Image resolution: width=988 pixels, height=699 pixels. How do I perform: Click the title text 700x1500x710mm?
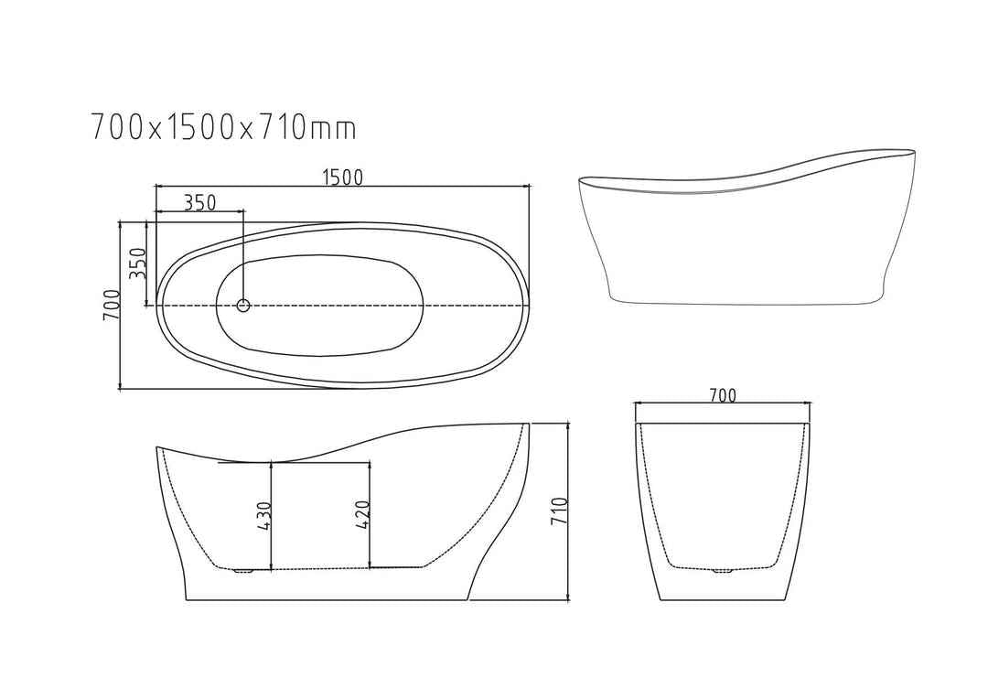pyautogui.click(x=223, y=127)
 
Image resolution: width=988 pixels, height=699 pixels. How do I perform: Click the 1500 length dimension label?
pyautogui.click(x=343, y=177)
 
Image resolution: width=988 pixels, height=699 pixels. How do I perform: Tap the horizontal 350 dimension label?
pyautogui.click(x=199, y=203)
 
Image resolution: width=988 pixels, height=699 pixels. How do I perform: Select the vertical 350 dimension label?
pyautogui.click(x=136, y=263)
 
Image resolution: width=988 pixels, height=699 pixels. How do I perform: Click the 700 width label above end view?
pyautogui.click(x=722, y=395)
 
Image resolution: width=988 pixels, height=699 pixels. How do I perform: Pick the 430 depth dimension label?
pyautogui.click(x=263, y=516)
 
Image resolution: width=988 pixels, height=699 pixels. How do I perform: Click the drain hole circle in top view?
pyautogui.click(x=243, y=306)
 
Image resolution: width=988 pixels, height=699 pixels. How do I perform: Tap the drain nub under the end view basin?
pyautogui.click(x=722, y=573)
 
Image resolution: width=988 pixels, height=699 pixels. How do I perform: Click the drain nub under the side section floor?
pyautogui.click(x=242, y=572)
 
